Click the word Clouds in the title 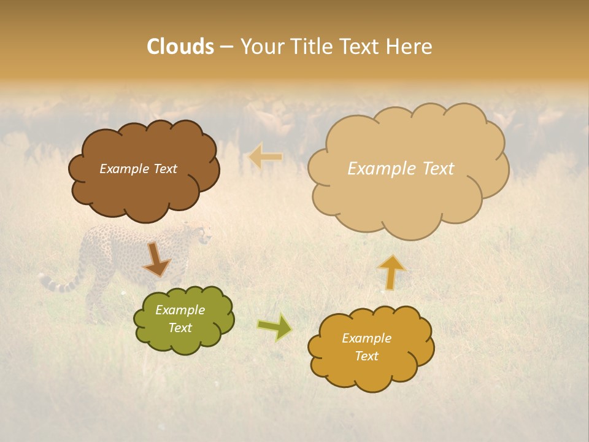click(180, 47)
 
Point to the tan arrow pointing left click(265, 157)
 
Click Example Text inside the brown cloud click(138, 169)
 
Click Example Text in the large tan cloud click(401, 169)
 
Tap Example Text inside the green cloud click(180, 319)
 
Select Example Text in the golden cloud click(366, 347)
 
